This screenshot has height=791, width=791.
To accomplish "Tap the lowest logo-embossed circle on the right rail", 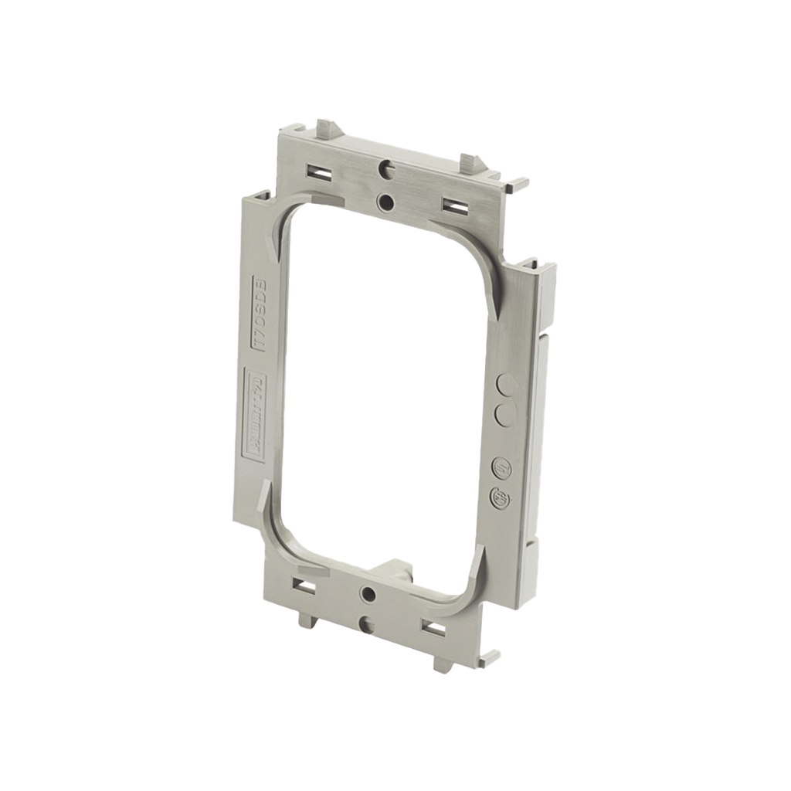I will [501, 498].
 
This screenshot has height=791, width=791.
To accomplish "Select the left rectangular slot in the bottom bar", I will [304, 586].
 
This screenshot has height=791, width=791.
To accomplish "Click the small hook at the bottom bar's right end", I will [491, 657].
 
